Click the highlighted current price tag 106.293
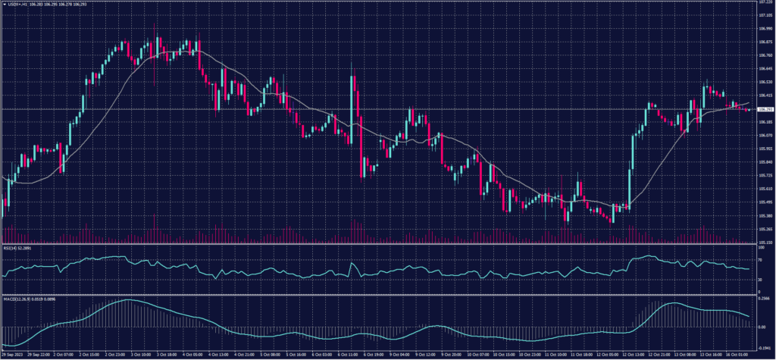[x=765, y=110]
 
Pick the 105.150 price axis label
[x=765, y=243]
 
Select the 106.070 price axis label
[x=765, y=135]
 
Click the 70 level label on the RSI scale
[x=760, y=259]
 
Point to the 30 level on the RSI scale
[x=760, y=280]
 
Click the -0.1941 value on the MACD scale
[x=765, y=346]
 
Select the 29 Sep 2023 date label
[x=14, y=354]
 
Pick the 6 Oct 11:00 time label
[x=347, y=354]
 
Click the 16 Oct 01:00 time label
[x=735, y=354]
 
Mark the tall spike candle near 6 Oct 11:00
[x=352, y=106]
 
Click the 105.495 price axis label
[x=765, y=202]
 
